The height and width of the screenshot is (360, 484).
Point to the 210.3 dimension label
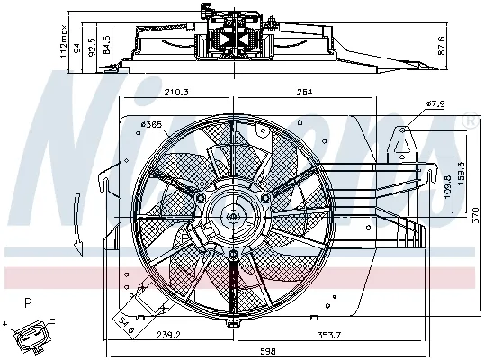(177, 91)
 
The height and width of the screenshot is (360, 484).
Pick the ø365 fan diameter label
(152, 124)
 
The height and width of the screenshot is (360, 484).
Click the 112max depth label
(64, 40)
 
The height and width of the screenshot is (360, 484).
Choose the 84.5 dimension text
(107, 44)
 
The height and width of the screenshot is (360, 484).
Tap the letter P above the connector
(28, 303)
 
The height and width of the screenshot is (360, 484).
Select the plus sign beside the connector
(6, 321)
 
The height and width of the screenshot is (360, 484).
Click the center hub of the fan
(233, 215)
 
